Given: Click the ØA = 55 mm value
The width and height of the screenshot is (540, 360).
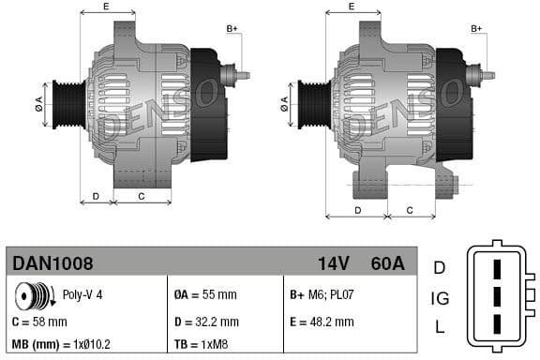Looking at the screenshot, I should tap(205, 293).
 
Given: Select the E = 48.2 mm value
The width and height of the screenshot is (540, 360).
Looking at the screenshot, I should tap(322, 322).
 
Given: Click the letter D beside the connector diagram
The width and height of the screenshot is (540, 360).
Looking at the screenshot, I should tap(439, 268).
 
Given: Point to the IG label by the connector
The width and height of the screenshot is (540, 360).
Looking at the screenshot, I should tap(439, 298).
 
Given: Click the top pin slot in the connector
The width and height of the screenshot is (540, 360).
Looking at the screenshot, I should tap(499, 266).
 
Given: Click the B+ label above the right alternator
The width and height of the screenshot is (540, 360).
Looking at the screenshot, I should tap(476, 29).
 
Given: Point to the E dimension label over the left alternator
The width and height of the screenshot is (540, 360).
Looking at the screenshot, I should tap(105, 7).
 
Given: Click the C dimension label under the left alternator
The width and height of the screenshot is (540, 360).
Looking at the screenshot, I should tap(141, 196).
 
